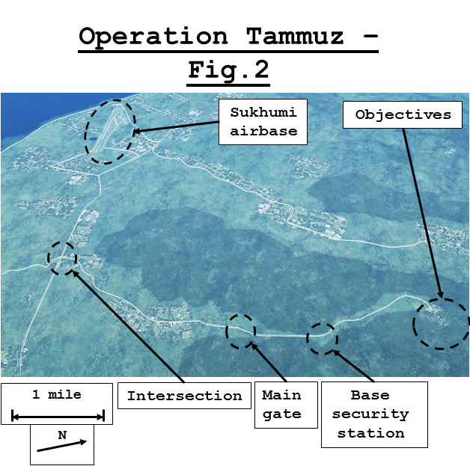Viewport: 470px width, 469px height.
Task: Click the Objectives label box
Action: click(x=403, y=114)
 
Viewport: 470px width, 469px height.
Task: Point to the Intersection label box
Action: click(x=183, y=396)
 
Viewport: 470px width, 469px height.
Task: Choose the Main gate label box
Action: click(x=282, y=405)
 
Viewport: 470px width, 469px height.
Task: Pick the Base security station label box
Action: click(x=373, y=414)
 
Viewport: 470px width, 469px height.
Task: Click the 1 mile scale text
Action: click(x=57, y=394)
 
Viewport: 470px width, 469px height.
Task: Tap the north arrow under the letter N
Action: click(x=61, y=446)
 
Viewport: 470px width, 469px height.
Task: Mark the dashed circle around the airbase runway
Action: click(x=109, y=131)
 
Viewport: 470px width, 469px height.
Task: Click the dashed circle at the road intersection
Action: click(x=62, y=258)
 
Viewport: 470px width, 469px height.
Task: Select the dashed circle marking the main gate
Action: click(x=241, y=330)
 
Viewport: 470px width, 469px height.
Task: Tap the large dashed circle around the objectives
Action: click(x=441, y=323)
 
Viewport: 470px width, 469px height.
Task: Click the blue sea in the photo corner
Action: click(x=30, y=112)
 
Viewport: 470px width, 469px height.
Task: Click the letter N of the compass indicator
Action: click(x=62, y=434)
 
